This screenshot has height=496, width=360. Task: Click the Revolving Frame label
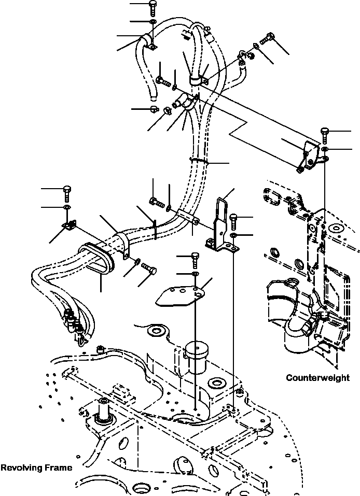(36, 467)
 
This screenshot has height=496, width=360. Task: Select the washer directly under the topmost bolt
(152, 22)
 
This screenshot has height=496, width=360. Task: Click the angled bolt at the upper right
(268, 38)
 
